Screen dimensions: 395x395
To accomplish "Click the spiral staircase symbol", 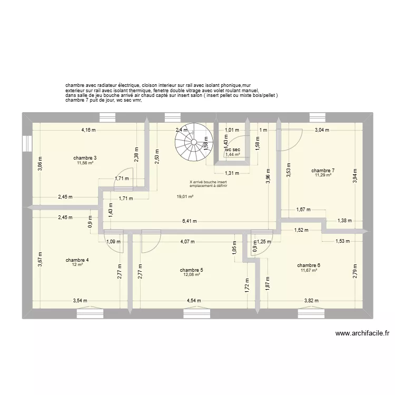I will [x=191, y=142].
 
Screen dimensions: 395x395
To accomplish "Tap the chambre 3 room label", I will [x=85, y=158].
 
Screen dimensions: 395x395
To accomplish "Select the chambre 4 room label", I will [x=77, y=260].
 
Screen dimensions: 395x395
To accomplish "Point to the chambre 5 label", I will [x=192, y=270].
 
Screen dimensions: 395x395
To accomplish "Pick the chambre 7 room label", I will [x=323, y=170].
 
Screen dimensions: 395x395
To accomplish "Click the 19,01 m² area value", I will [x=184, y=196].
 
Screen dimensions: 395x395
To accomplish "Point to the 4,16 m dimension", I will [x=88, y=130].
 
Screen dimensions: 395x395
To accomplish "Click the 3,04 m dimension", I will [x=322, y=130].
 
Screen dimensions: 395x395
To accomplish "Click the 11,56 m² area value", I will [x=85, y=163].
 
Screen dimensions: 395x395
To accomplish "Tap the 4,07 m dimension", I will [x=187, y=242].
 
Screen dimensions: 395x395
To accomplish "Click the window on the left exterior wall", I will [x=26, y=143].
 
